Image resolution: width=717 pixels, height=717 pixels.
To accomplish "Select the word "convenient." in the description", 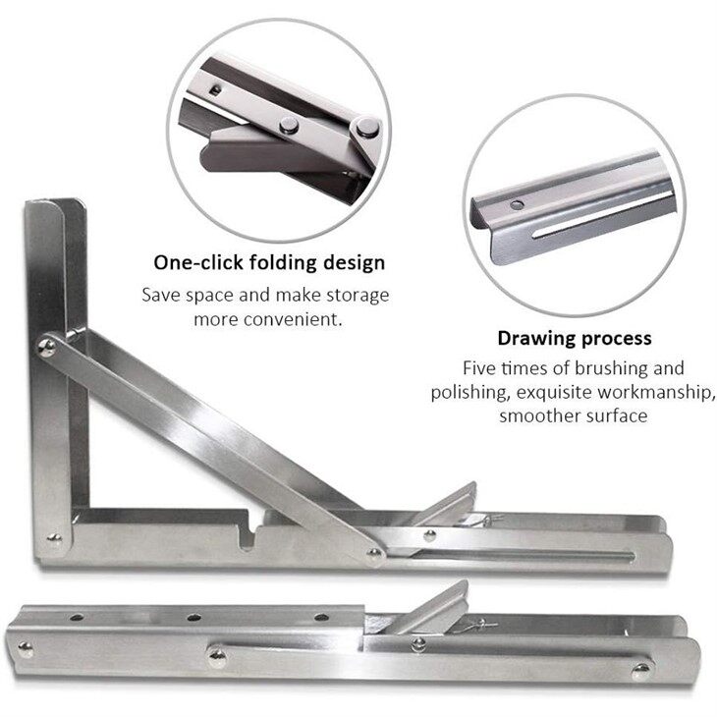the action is pos(293,319).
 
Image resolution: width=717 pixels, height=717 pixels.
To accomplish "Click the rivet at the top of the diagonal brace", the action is pos(46,348).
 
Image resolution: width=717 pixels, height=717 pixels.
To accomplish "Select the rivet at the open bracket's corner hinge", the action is pos(54,538).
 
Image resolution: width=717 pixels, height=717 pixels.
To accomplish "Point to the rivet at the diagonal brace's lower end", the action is pos(374,555).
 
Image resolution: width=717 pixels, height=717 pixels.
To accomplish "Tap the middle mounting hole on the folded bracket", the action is pos(193,618).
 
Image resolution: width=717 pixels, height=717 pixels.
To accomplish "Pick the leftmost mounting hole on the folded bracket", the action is pos(77,618).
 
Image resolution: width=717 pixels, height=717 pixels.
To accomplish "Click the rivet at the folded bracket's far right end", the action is pos(641,671).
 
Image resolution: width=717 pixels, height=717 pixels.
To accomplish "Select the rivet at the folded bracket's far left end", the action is pos(26,649).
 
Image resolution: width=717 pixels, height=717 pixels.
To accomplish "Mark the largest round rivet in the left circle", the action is pos(366,127).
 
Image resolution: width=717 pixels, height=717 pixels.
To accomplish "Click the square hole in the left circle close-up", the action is pos(215,90).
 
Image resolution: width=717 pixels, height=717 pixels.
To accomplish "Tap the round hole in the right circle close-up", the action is pos(517,205).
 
